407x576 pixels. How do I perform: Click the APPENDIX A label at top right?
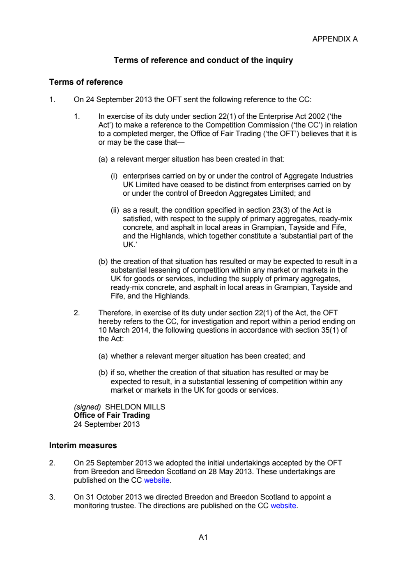(335, 39)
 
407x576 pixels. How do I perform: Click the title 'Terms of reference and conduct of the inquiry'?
(203, 60)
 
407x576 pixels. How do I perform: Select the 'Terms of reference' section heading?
(86, 82)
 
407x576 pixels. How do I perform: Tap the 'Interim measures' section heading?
(83, 445)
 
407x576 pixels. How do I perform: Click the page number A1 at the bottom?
(203, 537)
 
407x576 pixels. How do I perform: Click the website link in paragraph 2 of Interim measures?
(156, 480)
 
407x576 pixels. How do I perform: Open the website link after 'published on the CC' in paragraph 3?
(283, 506)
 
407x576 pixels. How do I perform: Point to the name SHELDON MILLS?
(135, 407)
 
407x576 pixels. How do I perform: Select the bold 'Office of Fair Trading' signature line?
(112, 415)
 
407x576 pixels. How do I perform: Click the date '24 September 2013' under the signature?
(107, 424)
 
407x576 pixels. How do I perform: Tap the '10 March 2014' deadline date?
(124, 330)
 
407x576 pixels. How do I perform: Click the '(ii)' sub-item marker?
(115, 210)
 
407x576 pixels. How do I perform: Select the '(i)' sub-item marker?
(114, 176)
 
